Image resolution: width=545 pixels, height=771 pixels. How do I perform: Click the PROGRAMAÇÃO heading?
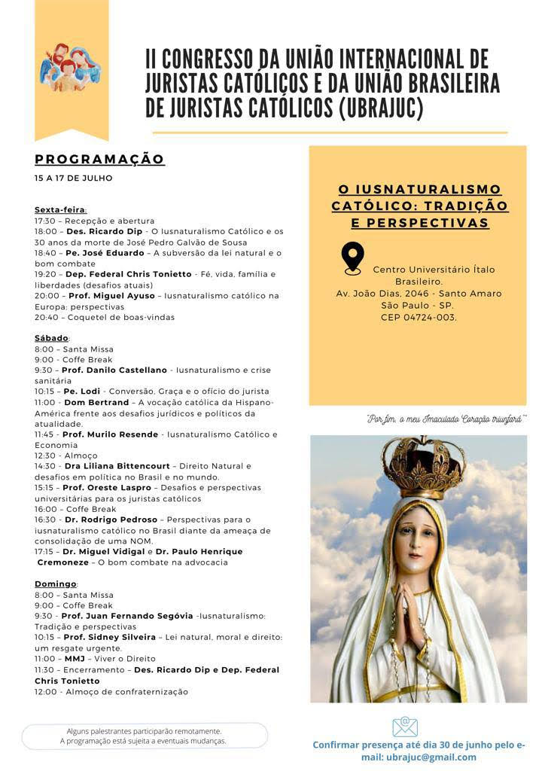(x=99, y=160)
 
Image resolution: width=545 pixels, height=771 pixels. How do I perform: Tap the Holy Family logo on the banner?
(x=70, y=67)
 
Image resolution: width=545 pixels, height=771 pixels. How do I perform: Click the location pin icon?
(x=352, y=258)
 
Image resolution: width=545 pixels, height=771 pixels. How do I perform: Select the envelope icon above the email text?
(x=405, y=727)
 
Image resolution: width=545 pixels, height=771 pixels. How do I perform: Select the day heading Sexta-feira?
(x=61, y=210)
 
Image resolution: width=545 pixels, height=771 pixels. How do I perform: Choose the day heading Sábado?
(x=52, y=338)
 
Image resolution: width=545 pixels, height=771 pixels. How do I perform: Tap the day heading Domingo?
(x=56, y=584)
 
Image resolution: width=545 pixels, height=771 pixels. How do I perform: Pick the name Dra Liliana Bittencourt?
(x=117, y=466)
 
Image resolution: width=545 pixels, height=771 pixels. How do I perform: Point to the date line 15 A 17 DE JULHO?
(x=73, y=179)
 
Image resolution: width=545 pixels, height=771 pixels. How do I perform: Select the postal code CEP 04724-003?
(x=419, y=318)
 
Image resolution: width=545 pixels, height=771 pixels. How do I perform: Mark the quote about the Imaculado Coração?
(x=447, y=419)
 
